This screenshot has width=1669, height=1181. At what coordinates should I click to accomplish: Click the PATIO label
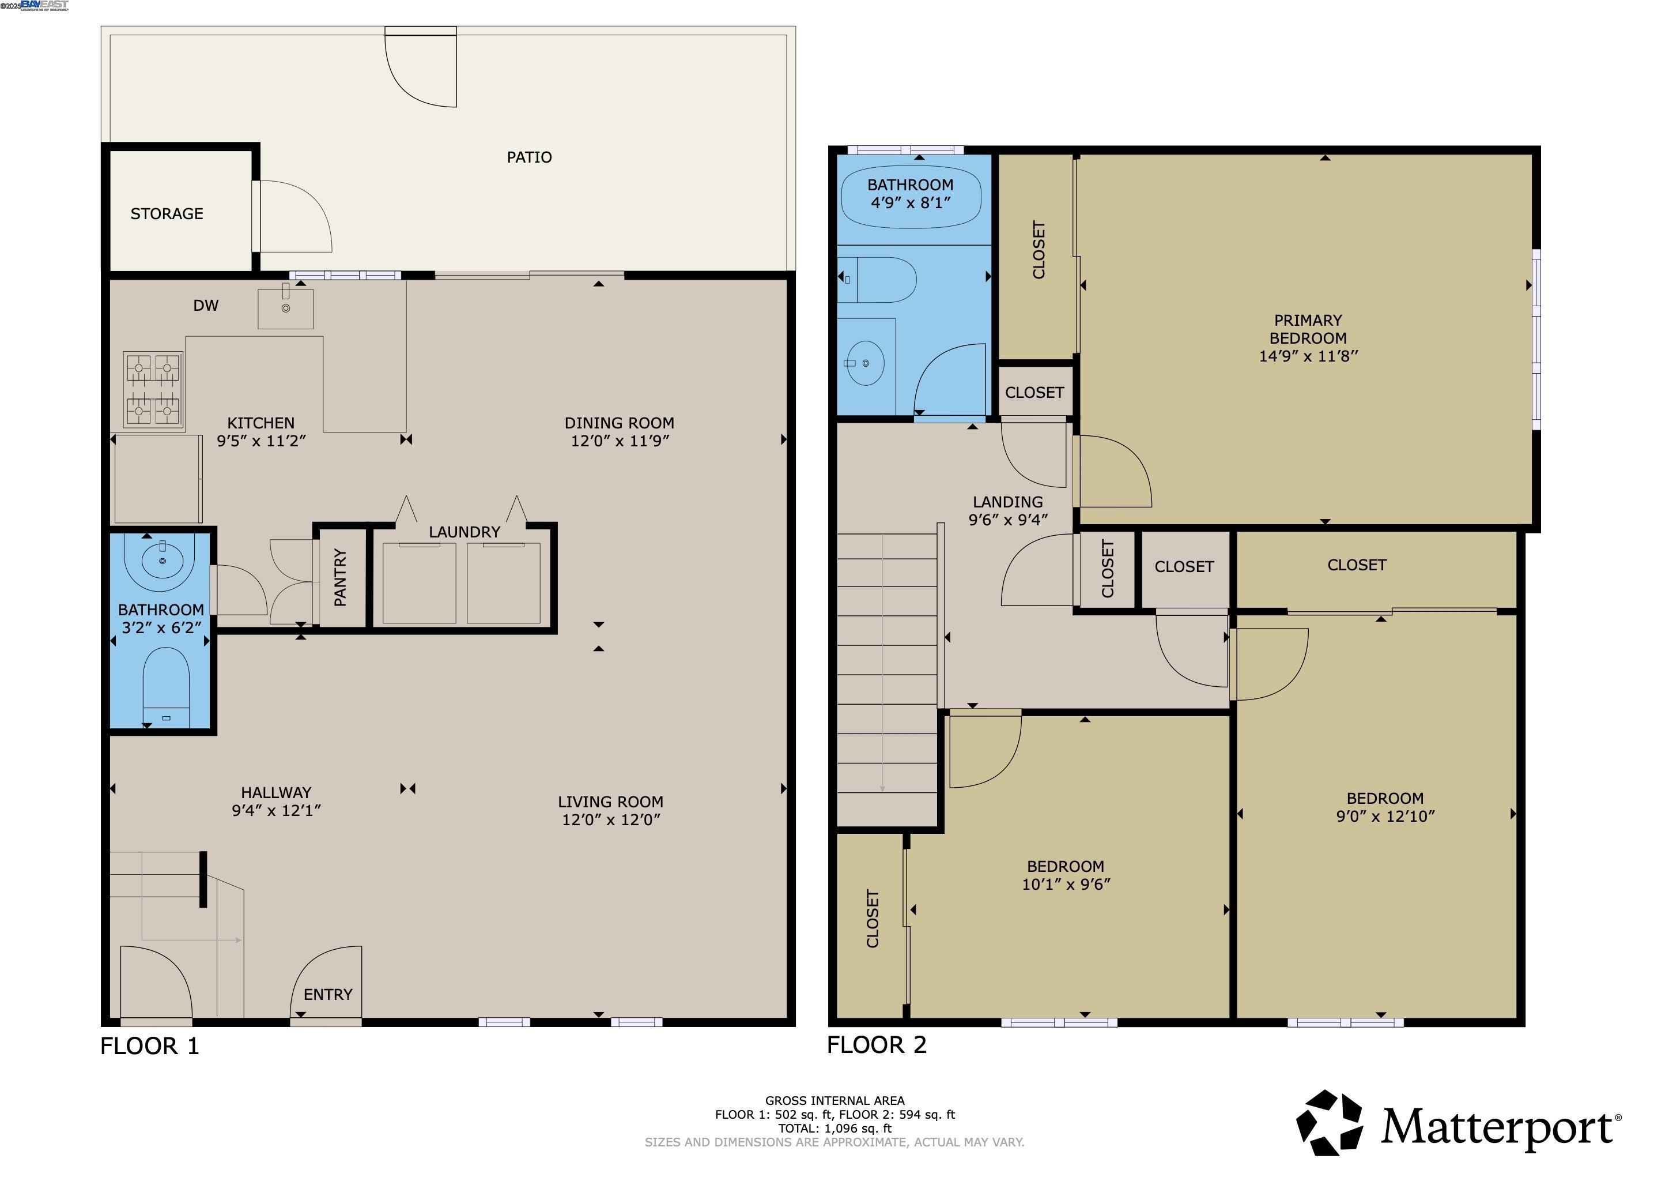coord(529,157)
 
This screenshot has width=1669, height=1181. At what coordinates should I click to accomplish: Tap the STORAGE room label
coord(167,214)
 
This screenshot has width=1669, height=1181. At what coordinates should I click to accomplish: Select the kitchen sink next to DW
coord(286,309)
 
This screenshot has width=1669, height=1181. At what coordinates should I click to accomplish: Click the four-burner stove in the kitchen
coord(153,389)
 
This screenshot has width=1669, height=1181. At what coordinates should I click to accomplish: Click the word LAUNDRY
coord(464,532)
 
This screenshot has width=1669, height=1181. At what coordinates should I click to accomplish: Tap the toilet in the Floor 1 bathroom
coord(166,680)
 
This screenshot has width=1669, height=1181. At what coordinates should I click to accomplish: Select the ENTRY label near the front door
coord(328,994)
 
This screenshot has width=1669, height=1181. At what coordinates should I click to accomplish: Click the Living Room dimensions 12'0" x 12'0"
coord(611,819)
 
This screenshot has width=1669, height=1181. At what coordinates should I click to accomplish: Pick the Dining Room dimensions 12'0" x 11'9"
coord(620,441)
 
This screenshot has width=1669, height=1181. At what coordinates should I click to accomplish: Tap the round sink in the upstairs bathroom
coord(865,363)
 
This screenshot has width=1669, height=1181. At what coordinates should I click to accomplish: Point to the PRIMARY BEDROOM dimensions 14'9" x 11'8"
coord(1308,356)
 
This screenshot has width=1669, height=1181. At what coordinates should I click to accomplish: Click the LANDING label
coord(1007,502)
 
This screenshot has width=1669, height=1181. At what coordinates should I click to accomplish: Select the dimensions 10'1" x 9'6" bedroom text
coord(1066,884)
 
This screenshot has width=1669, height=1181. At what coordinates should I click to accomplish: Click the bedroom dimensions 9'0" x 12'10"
coord(1385,816)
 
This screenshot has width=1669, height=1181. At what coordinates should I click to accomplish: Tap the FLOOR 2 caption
coord(877,1045)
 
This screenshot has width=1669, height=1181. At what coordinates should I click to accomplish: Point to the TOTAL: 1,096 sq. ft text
coord(834,1129)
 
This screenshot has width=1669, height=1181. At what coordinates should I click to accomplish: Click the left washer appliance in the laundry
coord(420,583)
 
